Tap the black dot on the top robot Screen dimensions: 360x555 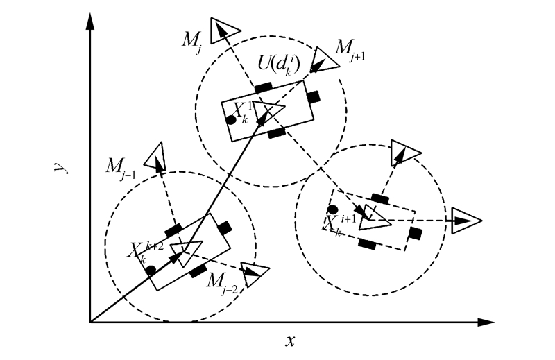pos(230,120)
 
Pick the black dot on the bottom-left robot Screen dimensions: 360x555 pos(151,271)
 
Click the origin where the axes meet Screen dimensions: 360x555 pos(90,323)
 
